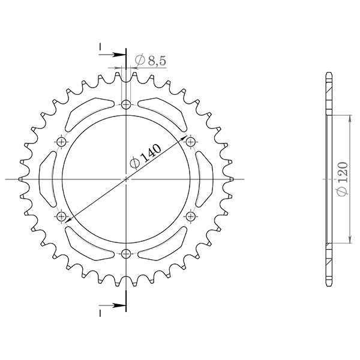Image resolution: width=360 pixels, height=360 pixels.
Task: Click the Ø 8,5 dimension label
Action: [150, 59]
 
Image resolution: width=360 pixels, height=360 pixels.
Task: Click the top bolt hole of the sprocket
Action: [125, 105]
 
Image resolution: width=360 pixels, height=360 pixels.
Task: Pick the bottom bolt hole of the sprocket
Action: [125, 253]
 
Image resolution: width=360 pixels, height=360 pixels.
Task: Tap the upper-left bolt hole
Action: [61, 142]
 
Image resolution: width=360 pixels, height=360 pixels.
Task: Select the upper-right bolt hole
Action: [190, 142]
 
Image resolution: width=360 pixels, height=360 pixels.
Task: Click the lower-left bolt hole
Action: [61, 215]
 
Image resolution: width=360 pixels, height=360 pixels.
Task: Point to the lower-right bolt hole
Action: [190, 215]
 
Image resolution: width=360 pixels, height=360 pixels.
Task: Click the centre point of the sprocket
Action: [125, 179]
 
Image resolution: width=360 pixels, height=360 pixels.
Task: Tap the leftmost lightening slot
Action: [47, 179]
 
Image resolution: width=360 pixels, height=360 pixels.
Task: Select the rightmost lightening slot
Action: [205, 179]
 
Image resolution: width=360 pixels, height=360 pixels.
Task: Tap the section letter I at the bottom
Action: [100, 312]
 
